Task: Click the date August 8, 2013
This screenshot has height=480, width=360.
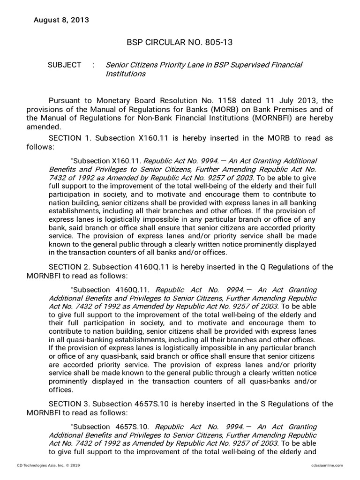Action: click(60, 20)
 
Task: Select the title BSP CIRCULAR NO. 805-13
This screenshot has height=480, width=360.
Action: click(180, 43)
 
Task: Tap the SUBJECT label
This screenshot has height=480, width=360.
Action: click(64, 65)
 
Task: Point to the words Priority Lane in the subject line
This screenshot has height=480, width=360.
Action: click(178, 65)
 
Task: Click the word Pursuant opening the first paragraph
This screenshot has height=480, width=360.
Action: click(65, 100)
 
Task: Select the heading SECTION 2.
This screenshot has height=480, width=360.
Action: click(69, 267)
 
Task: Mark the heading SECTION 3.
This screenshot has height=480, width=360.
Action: click(69, 404)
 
